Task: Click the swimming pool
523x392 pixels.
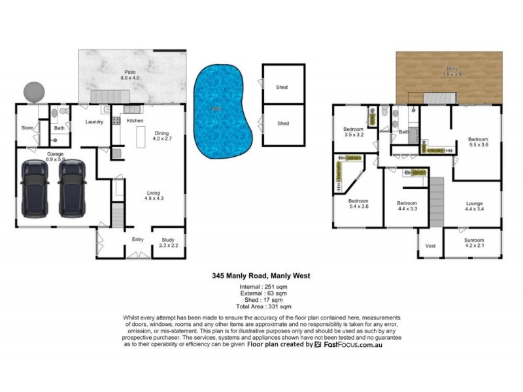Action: click(x=223, y=111)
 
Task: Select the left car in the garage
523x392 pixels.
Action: click(x=35, y=189)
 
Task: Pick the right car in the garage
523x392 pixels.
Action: click(x=72, y=189)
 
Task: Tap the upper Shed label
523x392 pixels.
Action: click(x=282, y=88)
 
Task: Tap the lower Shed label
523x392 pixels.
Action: click(x=282, y=123)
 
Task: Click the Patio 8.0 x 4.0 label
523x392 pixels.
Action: click(x=130, y=75)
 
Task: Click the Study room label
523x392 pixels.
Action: click(x=168, y=243)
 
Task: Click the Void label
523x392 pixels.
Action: click(x=430, y=246)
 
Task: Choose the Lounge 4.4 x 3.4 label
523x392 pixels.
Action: click(x=474, y=206)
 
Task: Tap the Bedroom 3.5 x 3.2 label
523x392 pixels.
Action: click(x=353, y=132)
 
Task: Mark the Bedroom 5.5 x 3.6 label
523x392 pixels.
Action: click(x=478, y=142)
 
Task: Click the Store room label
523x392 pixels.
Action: click(x=27, y=128)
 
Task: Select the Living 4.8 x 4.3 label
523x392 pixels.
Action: click(x=154, y=195)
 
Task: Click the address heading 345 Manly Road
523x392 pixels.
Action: click(x=261, y=276)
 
